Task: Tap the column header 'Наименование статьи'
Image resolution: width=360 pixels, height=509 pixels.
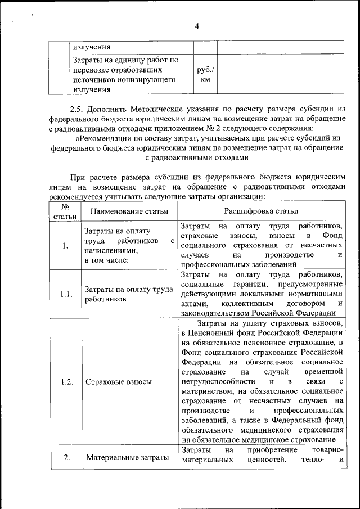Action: tap(129, 211)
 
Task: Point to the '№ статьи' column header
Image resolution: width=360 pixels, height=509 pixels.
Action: tap(65, 211)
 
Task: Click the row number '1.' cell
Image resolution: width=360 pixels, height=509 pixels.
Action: tap(65, 245)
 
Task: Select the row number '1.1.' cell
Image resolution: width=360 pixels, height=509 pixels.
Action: tap(65, 294)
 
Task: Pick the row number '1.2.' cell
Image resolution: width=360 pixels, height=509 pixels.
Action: tap(65, 382)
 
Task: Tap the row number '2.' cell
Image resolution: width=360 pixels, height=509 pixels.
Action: tap(65, 457)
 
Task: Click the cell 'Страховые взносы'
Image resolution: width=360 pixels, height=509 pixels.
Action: tap(118, 382)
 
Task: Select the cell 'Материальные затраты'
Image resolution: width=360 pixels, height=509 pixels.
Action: tap(128, 457)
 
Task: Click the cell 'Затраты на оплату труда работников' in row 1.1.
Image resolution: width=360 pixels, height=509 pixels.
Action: tap(128, 294)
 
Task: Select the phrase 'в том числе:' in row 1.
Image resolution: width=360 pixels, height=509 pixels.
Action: tap(106, 260)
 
